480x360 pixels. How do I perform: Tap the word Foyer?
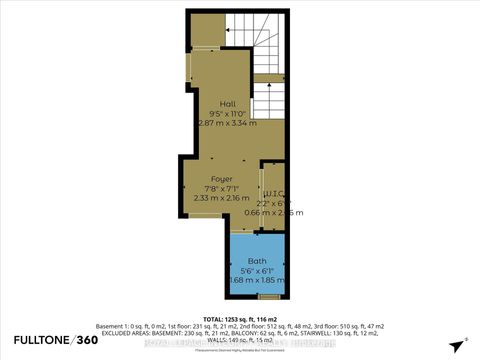[x=221, y=179]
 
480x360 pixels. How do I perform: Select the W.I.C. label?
[x=275, y=194]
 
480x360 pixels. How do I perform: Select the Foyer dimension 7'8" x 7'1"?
[x=222, y=188]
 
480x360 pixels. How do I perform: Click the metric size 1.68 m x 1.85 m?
[x=257, y=279]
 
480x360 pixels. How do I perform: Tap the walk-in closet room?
[x=273, y=209]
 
